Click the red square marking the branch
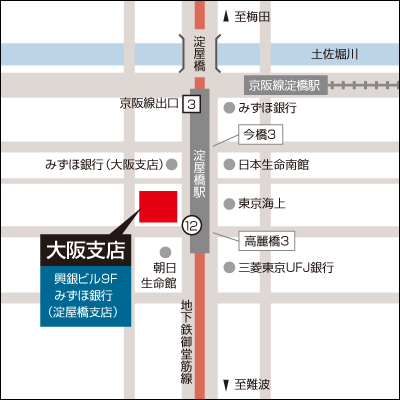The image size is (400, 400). tap(156, 206)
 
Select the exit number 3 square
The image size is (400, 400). tap(190, 103)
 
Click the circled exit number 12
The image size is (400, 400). tap(190, 227)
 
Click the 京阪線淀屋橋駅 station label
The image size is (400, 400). tap(287, 85)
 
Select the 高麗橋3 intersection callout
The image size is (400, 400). tap(267, 241)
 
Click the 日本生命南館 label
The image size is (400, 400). tap(273, 164)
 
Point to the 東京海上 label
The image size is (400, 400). tap(261, 203)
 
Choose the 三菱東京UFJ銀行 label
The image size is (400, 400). tap(284, 268)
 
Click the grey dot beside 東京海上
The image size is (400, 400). tap(228, 203)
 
